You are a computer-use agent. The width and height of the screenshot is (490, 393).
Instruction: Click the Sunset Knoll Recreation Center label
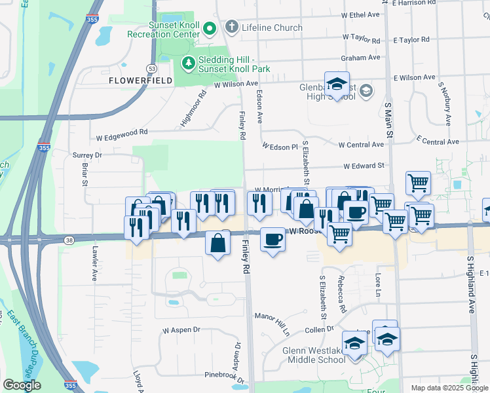pos(163,29)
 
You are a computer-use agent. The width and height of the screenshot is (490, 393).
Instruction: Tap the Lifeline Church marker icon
pos(231,28)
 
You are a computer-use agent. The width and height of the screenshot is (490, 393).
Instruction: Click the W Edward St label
pos(363,166)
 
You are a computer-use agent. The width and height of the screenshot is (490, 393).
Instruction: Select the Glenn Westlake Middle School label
pos(314,355)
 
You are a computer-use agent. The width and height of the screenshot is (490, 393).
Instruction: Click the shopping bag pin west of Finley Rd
pos(218,244)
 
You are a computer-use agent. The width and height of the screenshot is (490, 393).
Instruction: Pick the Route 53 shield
pos(151,67)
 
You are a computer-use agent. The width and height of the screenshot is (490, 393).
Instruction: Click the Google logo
pos(22,385)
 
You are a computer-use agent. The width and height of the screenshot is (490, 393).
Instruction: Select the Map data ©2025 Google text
pos(449,388)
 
